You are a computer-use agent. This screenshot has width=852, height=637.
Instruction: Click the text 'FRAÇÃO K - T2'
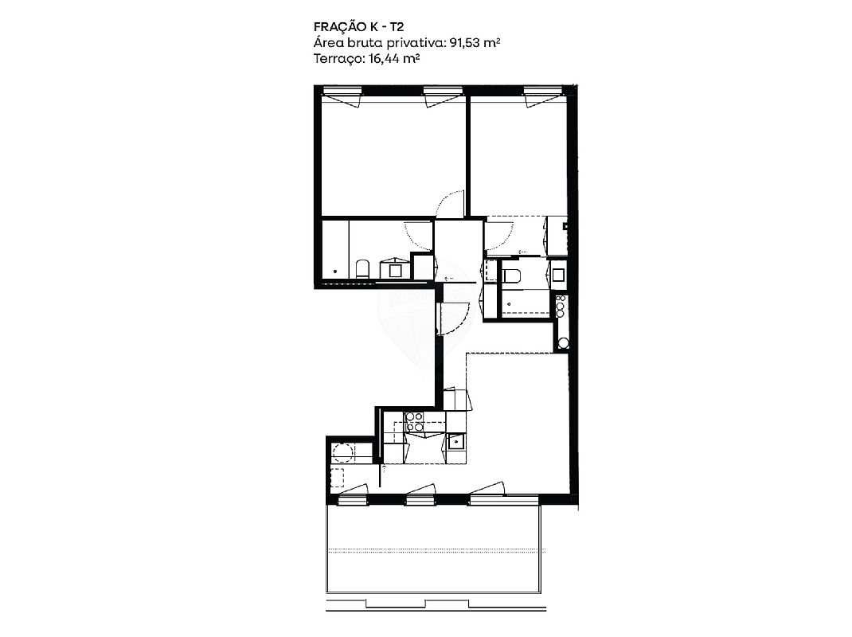[358, 27]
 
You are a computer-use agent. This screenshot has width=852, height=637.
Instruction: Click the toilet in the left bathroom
[362, 269]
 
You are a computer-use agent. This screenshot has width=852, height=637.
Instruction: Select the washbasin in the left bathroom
[395, 268]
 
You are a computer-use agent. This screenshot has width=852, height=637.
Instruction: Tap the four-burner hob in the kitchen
[415, 421]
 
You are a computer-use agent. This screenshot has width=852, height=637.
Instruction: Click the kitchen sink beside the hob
[455, 441]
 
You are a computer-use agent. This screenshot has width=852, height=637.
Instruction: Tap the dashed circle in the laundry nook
[343, 452]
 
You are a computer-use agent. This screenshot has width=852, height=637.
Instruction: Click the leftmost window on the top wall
[342, 95]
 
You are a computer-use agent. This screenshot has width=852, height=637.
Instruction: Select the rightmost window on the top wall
[542, 95]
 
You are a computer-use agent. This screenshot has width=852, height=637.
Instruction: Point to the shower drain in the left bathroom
[335, 271]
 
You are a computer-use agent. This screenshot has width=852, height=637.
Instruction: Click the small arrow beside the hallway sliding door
[449, 278]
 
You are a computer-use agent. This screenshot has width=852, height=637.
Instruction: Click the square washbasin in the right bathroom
[559, 273]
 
